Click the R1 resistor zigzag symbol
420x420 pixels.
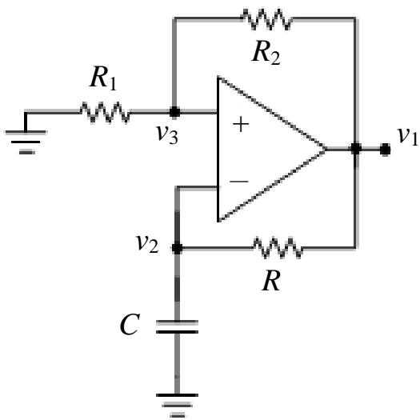point(105,112)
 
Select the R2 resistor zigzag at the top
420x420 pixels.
point(266,19)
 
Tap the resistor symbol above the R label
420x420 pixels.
point(278,248)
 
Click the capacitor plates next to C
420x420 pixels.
point(177,326)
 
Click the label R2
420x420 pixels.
point(266,52)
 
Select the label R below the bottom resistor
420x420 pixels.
point(271,281)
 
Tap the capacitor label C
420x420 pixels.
point(130,324)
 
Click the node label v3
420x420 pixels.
point(167,134)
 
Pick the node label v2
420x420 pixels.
point(147,244)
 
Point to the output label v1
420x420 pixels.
point(408,136)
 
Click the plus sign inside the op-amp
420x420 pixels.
point(241,124)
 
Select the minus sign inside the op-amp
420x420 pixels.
point(239,182)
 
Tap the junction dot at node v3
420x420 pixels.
point(174,112)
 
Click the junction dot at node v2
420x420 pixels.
point(177,248)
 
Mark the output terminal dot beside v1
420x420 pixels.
point(385,149)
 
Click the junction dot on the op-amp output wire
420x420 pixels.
point(356,149)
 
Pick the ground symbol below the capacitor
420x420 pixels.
point(177,406)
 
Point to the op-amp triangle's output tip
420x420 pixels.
point(326,149)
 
